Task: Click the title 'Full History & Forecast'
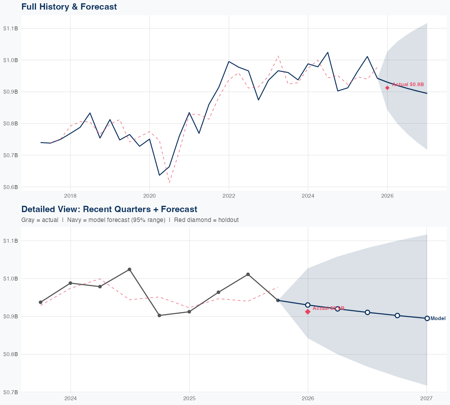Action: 69,7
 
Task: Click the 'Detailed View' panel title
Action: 109,209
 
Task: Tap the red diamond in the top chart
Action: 387,88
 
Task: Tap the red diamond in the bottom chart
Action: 308,312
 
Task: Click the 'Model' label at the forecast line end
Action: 438,319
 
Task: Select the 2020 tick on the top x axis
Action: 149,196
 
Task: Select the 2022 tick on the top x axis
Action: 229,196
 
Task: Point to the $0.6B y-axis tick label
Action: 10,187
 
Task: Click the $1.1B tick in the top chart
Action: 10,28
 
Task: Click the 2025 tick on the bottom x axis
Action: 189,398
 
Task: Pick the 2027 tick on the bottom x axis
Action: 426,398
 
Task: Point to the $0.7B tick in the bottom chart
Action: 10,392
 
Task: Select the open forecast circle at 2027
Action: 427,318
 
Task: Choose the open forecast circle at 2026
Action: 307,305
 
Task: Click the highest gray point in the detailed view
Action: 129,269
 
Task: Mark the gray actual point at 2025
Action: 189,312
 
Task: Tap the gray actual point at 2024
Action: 70,283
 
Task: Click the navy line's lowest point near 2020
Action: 159,175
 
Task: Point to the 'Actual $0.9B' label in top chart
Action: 408,85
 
